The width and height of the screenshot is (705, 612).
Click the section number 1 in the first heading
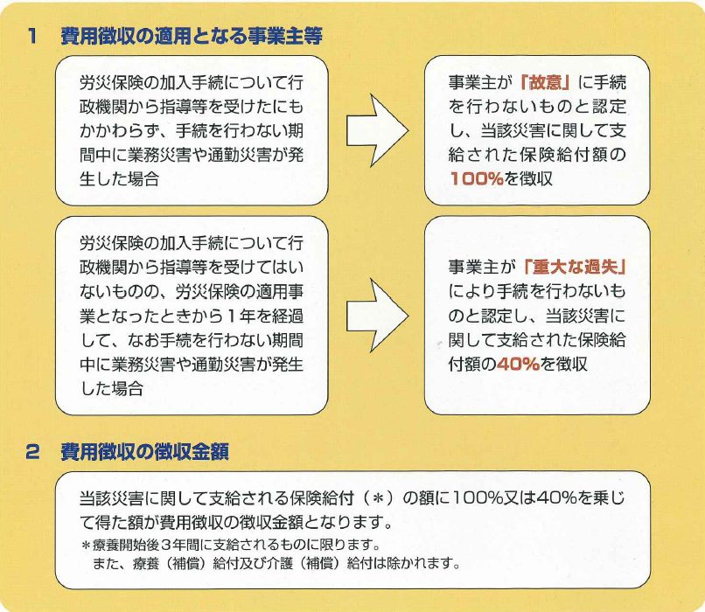tap(31, 36)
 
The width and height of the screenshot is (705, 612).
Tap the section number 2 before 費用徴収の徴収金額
tap(32, 452)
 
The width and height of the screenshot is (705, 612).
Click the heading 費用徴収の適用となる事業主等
tap(192, 36)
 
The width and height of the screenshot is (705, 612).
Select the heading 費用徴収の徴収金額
tap(145, 452)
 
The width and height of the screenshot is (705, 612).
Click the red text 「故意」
tap(545, 82)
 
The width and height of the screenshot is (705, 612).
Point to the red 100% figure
tap(477, 179)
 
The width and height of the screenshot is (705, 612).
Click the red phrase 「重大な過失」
tap(575, 267)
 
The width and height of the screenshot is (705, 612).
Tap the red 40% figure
tap(519, 364)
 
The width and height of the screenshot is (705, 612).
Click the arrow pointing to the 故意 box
tap(377, 130)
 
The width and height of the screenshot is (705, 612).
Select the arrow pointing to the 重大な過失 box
tap(377, 316)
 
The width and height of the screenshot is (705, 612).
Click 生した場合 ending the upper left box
tap(119, 179)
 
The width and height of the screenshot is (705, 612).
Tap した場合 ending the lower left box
tap(111, 388)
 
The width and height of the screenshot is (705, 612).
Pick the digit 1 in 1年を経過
tap(231, 316)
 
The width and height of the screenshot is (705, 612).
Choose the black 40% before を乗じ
tap(556, 497)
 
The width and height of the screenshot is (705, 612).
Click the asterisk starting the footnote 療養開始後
tap(86, 546)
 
